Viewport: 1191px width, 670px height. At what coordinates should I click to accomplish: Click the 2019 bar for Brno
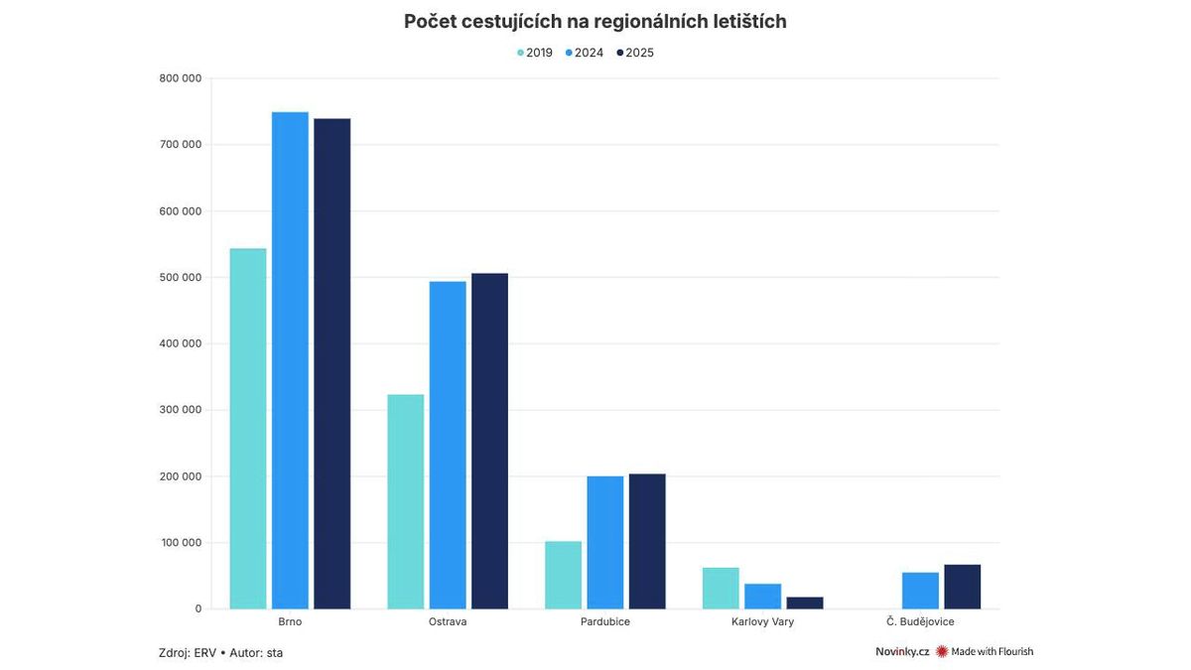(x=248, y=429)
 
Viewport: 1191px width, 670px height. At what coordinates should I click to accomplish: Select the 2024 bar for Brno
(x=290, y=360)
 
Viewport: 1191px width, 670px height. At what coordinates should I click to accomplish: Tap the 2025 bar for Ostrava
(x=489, y=441)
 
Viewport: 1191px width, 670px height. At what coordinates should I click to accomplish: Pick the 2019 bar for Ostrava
(x=405, y=501)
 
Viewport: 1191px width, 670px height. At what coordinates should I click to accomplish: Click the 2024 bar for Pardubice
(x=604, y=542)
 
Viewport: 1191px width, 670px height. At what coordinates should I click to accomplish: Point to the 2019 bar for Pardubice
(x=563, y=575)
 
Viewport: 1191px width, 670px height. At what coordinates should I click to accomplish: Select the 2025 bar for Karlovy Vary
(x=805, y=603)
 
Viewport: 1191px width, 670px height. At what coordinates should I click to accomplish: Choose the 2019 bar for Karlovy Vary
(x=721, y=588)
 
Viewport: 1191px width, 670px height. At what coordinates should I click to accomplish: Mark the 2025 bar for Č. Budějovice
(x=962, y=587)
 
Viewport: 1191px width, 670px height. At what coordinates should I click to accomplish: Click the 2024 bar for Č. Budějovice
(x=920, y=591)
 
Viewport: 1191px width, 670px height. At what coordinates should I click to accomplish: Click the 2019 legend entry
(x=535, y=53)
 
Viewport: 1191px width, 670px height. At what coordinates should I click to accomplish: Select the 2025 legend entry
(x=635, y=53)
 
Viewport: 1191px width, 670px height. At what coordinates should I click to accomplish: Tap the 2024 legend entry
(x=585, y=53)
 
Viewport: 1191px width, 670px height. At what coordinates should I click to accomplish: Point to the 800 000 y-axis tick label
(x=180, y=78)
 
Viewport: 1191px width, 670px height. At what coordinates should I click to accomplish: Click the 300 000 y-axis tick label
(x=180, y=410)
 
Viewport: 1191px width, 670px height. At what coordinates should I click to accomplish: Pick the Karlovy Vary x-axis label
(x=762, y=622)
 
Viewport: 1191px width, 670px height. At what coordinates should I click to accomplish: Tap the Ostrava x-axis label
(x=448, y=622)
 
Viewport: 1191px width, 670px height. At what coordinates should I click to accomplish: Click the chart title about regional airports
(x=595, y=22)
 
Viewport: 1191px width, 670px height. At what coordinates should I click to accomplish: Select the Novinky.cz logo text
(x=901, y=652)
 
